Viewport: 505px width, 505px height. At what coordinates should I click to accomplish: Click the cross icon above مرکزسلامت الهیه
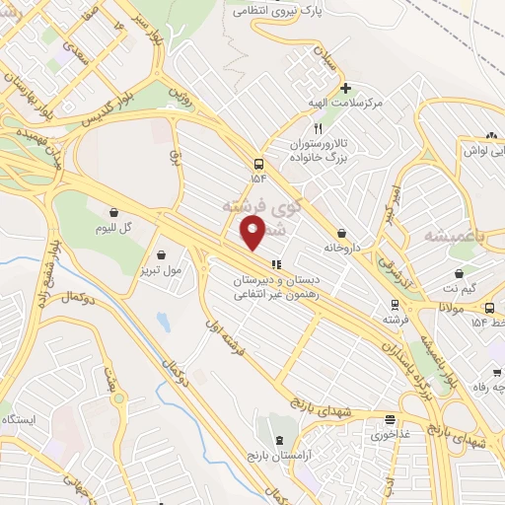coord(344,88)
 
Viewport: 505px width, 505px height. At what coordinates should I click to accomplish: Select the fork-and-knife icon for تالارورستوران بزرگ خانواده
coord(317,128)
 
